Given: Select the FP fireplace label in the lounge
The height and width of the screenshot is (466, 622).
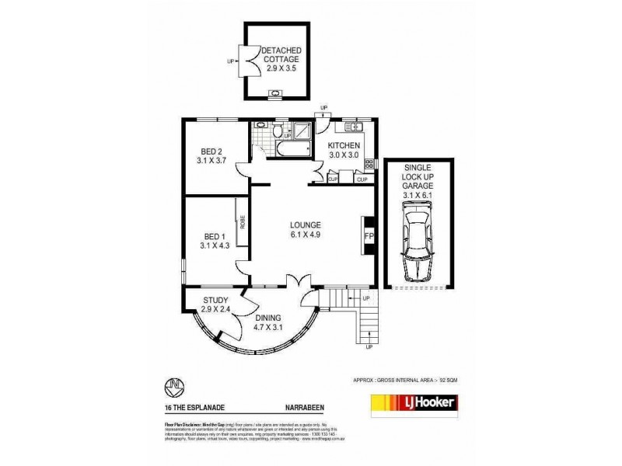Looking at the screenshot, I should [x=369, y=235].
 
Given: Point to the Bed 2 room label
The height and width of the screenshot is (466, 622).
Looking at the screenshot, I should [x=211, y=155].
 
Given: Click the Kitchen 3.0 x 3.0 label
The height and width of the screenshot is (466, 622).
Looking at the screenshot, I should [x=342, y=151].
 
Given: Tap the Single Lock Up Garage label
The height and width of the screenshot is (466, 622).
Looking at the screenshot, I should [x=419, y=185].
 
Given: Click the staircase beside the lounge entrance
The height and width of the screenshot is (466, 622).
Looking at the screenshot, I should [x=337, y=297].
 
